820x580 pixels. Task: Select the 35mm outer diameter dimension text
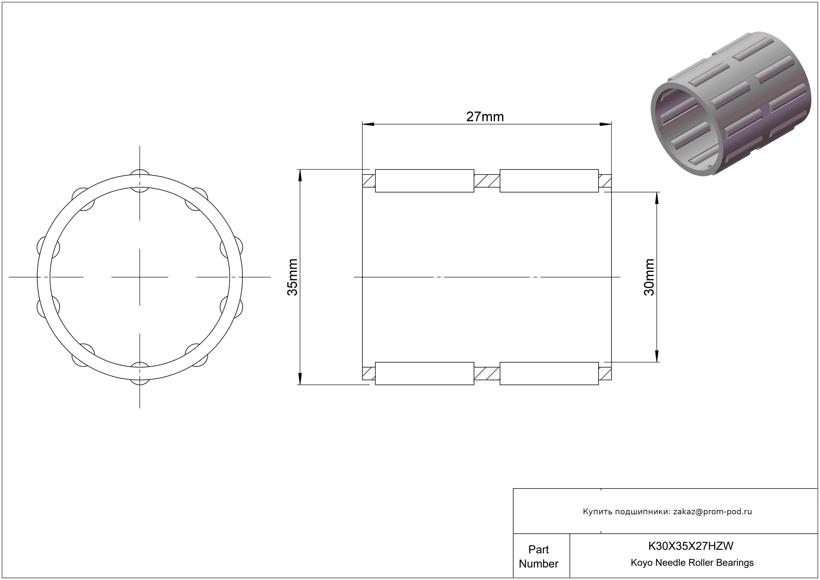pos(292,277)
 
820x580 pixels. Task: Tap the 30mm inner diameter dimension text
pos(649,277)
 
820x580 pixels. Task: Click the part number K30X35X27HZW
pos(691,546)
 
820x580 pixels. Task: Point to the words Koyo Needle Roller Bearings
pos(692,562)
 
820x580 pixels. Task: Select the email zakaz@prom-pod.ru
pos(712,511)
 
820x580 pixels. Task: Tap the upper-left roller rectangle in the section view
pos(424,181)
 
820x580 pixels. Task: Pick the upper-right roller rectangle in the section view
pos(549,181)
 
